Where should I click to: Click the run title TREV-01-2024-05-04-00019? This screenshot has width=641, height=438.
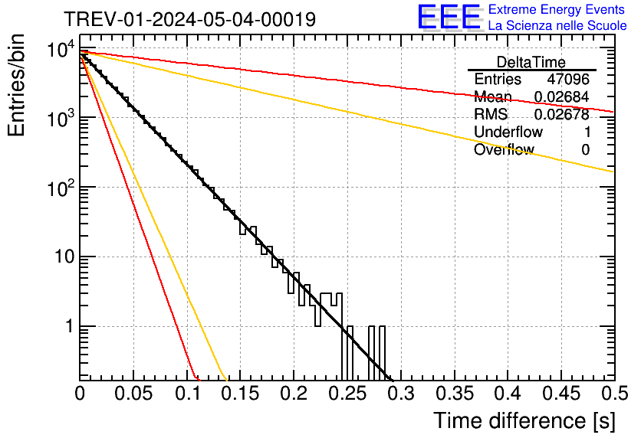189,20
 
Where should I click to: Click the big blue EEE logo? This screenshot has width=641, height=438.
449,17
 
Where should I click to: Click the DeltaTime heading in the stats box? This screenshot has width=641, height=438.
531,62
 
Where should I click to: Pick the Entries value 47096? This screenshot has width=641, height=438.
568,80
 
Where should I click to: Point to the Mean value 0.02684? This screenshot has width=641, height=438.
561,97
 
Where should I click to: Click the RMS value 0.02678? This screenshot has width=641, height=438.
561,115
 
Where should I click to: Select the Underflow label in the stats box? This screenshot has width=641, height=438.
508,132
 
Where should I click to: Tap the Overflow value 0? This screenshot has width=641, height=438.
585,150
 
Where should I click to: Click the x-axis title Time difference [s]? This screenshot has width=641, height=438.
524,420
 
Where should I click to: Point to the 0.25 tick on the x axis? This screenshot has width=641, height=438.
347,394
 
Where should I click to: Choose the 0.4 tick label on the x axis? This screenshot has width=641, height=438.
508,394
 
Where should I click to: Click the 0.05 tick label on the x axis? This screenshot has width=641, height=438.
133,394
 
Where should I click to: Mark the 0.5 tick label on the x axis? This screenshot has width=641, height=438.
613,394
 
